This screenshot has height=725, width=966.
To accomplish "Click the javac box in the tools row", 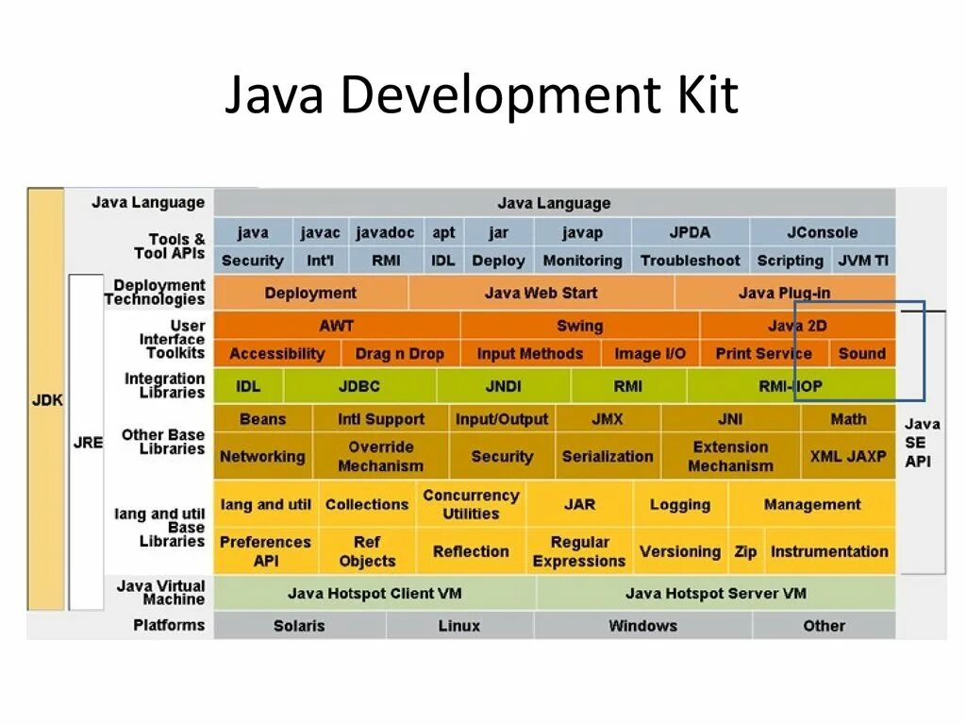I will (321, 232).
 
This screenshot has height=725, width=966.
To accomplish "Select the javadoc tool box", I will (385, 232).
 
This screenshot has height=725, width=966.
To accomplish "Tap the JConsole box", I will (822, 232).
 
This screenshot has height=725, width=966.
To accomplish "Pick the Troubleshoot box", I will (690, 261).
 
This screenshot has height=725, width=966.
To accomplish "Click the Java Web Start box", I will (541, 293).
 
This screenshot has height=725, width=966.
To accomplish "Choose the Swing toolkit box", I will (579, 326).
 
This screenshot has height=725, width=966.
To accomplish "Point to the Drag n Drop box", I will (399, 354).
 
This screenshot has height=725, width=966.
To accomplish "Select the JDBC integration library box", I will (358, 386).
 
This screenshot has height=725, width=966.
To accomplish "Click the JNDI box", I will (503, 386).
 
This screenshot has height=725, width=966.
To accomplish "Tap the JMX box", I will (608, 419).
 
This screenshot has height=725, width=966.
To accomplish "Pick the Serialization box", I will (608, 456).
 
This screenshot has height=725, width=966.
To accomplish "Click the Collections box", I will (366, 504).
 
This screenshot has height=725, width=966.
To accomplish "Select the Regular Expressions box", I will (579, 551).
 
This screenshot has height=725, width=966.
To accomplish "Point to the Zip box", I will (745, 551).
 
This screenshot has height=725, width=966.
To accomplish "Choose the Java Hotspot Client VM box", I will (375, 594).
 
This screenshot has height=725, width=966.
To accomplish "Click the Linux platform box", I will (458, 625).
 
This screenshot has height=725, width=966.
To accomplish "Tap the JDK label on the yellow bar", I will (47, 399).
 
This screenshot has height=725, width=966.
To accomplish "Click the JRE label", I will (87, 442).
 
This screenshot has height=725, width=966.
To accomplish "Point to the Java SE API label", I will (922, 443).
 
